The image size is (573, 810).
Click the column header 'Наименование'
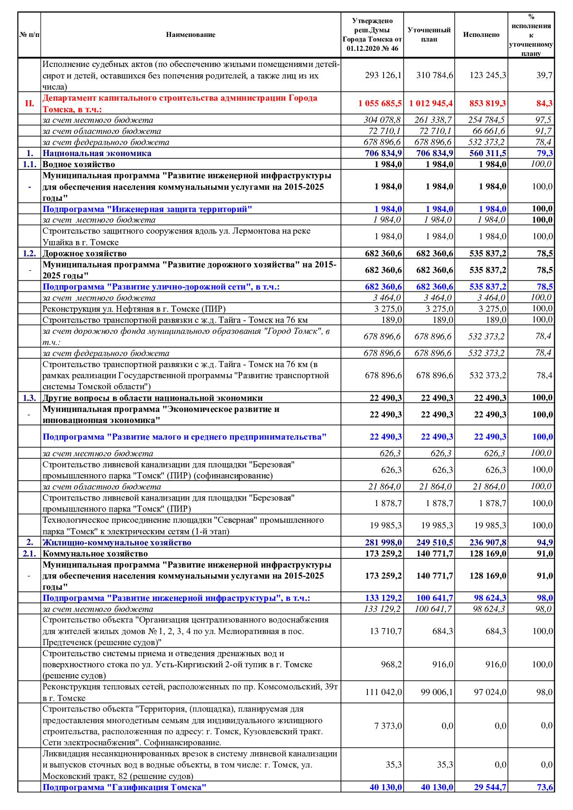click(190, 35)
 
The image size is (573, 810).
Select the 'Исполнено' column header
click(481, 35)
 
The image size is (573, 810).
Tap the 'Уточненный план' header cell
click(429, 35)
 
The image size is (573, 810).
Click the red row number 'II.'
click(29, 103)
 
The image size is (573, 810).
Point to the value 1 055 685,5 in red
click(380, 103)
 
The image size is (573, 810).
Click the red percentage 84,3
click(544, 103)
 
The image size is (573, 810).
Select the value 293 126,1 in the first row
click(383, 75)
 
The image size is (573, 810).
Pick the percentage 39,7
click(544, 75)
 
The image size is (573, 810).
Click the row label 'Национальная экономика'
click(97, 153)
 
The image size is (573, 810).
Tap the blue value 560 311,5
click(488, 153)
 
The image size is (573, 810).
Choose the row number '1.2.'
click(29, 254)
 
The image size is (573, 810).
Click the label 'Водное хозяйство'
click(79, 164)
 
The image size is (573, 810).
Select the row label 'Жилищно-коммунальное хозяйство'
click(117, 543)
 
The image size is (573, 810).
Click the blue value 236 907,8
click(488, 543)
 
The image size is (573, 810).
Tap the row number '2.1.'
click(29, 554)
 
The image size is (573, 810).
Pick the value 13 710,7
click(386, 631)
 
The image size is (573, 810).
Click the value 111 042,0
click(384, 692)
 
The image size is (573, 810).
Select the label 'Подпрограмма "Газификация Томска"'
click(124, 787)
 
